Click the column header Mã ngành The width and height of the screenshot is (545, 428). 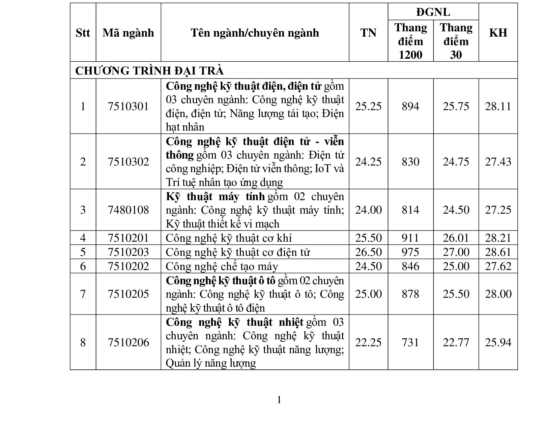tap(128, 33)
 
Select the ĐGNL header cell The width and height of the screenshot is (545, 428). tap(433, 12)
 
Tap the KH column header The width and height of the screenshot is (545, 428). tap(498, 33)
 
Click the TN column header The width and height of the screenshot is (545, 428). tap(368, 33)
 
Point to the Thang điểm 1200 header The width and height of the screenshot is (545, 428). tap(410, 41)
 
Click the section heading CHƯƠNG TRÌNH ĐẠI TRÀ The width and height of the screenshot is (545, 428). tap(150, 71)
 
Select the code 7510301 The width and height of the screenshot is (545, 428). tap(128, 106)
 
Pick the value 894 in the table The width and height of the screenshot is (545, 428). tap(410, 106)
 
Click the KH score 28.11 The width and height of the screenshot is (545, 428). tap(498, 106)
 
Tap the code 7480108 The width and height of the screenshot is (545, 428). tap(128, 210)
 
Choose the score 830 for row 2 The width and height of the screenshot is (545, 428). tap(410, 162)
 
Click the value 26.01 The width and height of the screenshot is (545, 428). tap(456, 238)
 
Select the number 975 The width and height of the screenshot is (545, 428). tap(410, 252)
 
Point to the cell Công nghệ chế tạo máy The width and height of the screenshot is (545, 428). tap(222, 266)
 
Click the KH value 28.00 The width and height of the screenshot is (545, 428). tap(498, 294)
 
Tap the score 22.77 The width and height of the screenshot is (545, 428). tap(456, 342)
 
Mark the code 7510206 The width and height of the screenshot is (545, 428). tap(128, 342)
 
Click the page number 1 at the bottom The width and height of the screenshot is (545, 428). tap(279, 400)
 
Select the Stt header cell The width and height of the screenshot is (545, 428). tap(83, 33)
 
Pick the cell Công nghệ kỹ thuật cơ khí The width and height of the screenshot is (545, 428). tap(229, 238)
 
